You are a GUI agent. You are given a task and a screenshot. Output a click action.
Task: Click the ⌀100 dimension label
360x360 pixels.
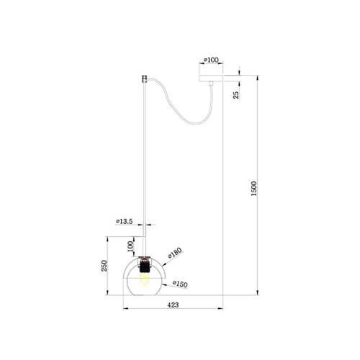tap(211, 60)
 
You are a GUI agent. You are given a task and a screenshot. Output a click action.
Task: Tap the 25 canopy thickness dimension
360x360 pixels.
tap(236, 95)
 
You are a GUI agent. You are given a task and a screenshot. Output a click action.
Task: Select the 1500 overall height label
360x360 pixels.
tap(253, 189)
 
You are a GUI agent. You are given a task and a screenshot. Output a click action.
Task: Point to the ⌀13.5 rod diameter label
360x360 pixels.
tap(124, 222)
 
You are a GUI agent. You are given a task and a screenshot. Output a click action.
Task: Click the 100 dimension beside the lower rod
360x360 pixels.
tap(130, 246)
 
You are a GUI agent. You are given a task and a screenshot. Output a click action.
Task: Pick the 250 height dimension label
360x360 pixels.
tap(104, 266)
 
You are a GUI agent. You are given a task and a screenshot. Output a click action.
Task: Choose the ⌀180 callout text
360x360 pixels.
tap(175, 253)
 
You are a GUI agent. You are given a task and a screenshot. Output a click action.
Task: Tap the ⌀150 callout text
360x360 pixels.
tap(180, 284)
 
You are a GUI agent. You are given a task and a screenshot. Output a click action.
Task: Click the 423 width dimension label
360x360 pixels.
tap(173, 305)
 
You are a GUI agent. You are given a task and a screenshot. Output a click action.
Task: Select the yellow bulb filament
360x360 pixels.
tap(145, 279)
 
